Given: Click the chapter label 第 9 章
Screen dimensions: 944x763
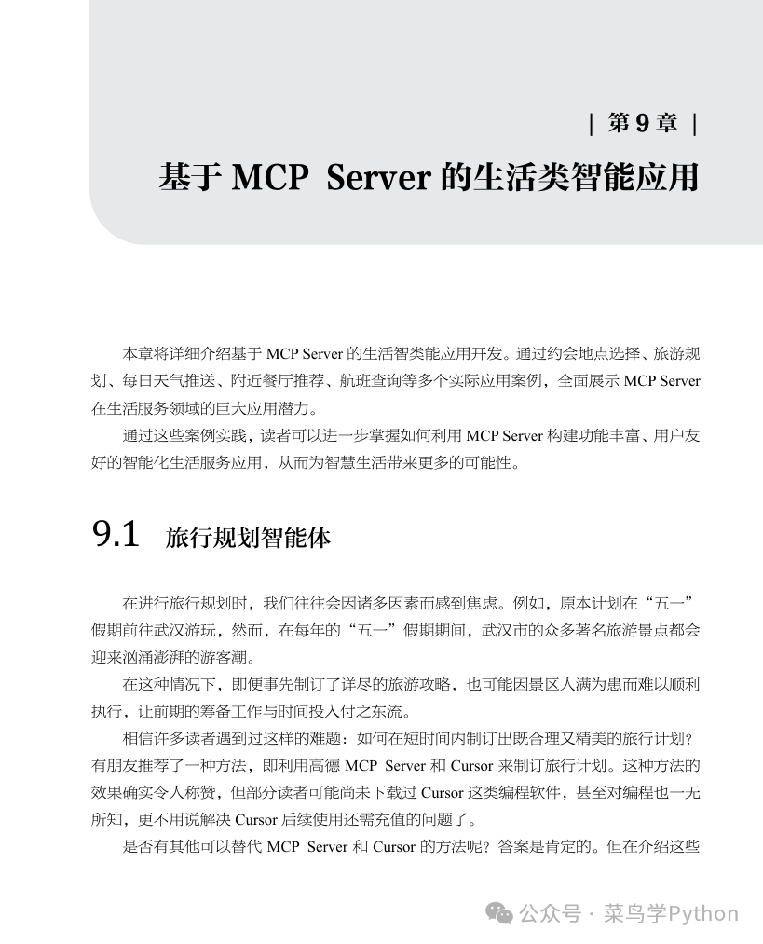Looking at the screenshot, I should [643, 124].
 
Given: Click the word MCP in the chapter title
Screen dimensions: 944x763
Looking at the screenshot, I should [269, 176].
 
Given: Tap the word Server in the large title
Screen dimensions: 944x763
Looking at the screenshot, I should [377, 176].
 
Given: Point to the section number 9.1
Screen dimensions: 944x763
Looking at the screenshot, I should [116, 536].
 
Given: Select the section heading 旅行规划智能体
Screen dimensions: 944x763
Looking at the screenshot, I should [248, 539].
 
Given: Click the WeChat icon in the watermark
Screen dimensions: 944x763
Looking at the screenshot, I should [501, 914].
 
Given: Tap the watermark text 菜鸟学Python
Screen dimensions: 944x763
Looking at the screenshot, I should [671, 914].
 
